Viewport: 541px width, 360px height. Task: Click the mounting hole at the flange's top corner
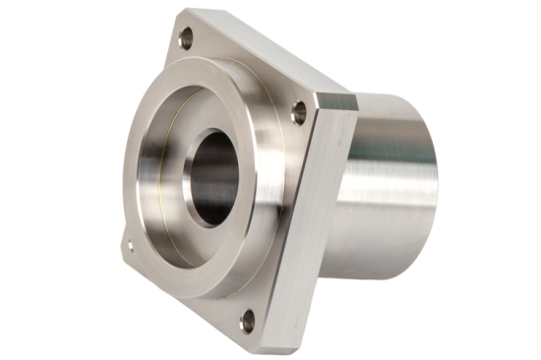click(186, 37)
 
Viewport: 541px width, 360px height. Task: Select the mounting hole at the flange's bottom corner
click(250, 317)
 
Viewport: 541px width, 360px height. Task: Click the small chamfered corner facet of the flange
click(334, 101)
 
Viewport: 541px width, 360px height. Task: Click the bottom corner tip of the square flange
click(264, 345)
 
